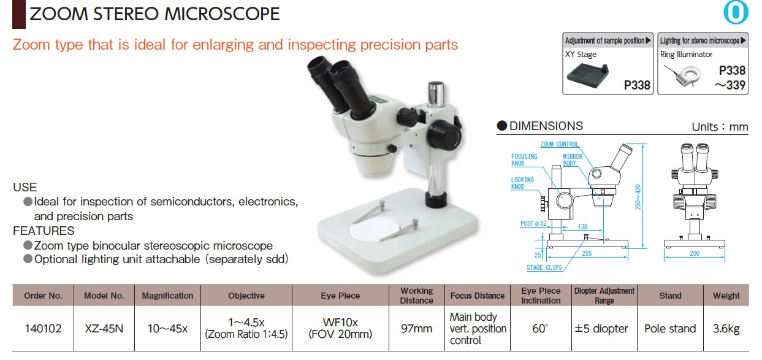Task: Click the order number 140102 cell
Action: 43,329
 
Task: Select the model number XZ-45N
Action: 104,329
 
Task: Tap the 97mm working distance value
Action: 416,329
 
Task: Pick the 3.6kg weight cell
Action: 726,329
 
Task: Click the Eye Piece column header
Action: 340,296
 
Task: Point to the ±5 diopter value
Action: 601,329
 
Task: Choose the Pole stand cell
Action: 670,329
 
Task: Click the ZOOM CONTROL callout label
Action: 560,144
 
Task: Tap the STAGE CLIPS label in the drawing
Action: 544,268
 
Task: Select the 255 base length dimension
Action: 587,253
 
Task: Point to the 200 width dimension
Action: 695,253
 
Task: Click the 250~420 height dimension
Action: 638,197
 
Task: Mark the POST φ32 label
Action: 533,224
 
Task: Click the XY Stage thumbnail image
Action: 587,75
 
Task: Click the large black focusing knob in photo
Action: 444,135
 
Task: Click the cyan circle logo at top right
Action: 736,13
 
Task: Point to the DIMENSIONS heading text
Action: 546,126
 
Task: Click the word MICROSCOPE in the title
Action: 222,14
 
